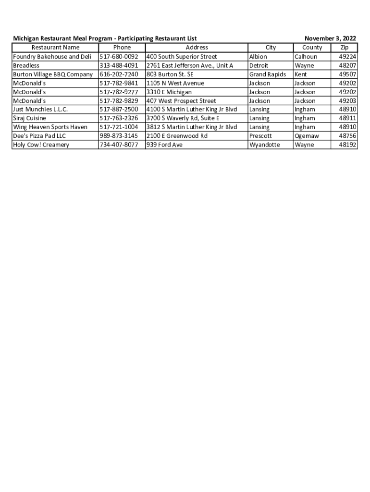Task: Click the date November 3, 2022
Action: tap(330, 38)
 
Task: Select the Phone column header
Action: tap(122, 48)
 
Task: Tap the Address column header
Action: tap(197, 48)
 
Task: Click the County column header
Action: tap(312, 48)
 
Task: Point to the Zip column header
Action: tap(344, 48)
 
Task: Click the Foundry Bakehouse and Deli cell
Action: tap(52, 57)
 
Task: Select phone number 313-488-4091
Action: tap(119, 65)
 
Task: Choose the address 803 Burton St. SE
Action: tap(170, 74)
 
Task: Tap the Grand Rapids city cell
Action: tap(267, 74)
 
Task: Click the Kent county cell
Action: tap(301, 74)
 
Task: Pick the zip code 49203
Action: tap(347, 101)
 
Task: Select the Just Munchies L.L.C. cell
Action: tap(40, 110)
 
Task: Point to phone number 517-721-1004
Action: tap(119, 127)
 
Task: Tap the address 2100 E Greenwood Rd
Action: tap(177, 136)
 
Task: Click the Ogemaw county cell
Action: tap(307, 136)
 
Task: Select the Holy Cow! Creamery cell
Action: tap(41, 145)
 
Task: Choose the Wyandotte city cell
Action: tap(264, 145)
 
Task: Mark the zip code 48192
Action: tap(347, 145)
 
